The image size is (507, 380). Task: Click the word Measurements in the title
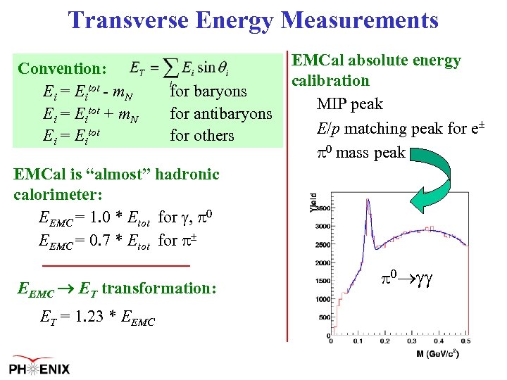coord(359,19)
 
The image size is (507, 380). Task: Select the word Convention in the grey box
coord(61,69)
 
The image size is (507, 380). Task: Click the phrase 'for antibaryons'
coord(221,113)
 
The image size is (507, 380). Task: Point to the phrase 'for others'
coord(202,135)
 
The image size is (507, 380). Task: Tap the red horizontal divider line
coord(116,265)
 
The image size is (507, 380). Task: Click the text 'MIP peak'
coord(350,104)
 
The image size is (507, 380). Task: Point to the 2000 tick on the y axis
coord(323,262)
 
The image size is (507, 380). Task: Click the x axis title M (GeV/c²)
coord(437,354)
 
